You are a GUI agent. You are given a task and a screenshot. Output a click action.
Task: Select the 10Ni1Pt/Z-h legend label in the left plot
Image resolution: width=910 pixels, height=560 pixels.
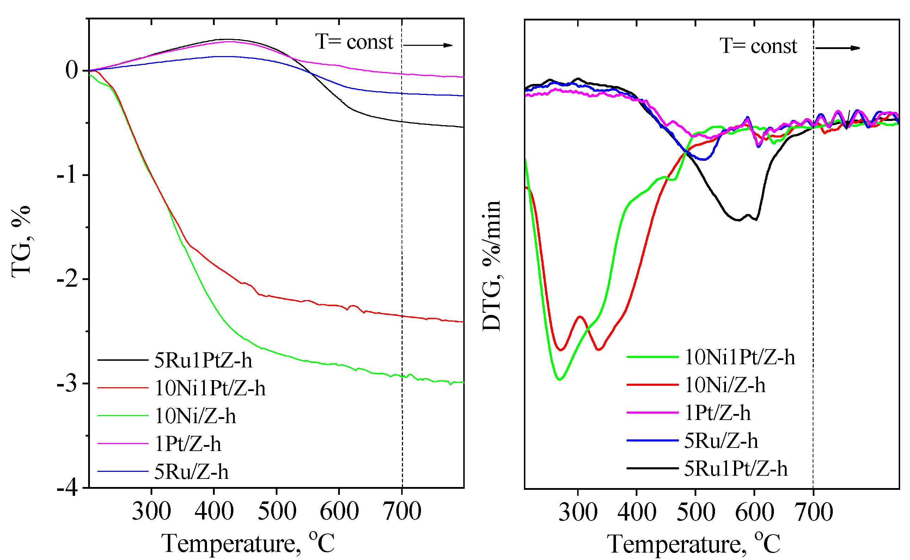210,388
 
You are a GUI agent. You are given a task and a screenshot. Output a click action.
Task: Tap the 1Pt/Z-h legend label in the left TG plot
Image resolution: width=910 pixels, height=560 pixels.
188,444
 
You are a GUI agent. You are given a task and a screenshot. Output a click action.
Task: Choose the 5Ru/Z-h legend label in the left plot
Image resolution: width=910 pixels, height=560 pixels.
191,472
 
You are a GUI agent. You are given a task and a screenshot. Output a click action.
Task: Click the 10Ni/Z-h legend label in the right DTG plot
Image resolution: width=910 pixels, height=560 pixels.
725,385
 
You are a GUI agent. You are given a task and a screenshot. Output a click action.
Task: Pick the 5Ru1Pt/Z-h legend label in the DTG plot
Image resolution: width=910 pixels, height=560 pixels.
735,469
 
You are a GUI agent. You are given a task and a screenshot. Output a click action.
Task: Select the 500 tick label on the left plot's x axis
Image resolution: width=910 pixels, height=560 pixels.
276,511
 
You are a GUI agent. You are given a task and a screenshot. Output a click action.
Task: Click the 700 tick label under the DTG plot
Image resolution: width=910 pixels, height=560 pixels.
813,512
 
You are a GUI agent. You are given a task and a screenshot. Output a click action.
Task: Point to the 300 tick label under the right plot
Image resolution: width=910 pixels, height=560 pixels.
578,512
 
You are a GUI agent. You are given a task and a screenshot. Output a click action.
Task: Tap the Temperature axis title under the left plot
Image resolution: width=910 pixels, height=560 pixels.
248,543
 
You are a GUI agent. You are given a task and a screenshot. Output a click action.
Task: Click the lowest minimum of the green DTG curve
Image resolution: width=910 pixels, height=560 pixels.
560,379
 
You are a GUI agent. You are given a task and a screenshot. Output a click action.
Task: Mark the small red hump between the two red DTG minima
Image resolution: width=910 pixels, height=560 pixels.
580,317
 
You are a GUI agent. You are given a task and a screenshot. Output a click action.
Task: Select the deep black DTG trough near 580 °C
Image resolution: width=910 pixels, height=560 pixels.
738,220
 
